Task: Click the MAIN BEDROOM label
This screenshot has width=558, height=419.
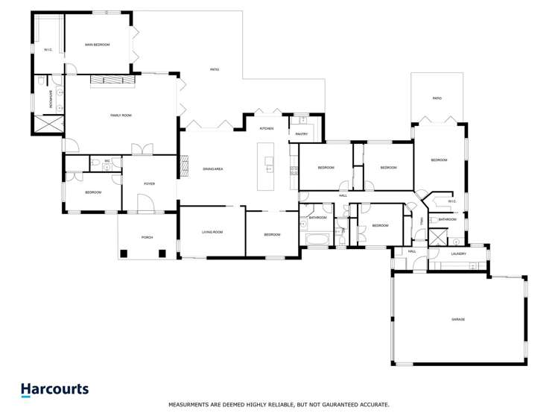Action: pos(97,45)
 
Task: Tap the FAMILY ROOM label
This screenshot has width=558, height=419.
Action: pos(121,116)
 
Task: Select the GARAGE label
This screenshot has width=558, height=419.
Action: pos(457,319)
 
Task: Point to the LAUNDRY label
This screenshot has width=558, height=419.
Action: pos(458,253)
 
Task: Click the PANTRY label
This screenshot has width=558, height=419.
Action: pos(301,134)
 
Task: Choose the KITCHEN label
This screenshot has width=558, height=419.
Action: pos(267,129)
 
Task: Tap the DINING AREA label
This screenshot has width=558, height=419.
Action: pos(213,169)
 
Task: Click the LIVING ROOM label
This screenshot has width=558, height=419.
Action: pos(212,232)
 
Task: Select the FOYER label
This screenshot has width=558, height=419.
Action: pos(149,183)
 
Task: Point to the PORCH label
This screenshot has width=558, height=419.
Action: pos(148,237)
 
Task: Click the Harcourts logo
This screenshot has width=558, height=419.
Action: pos(54,390)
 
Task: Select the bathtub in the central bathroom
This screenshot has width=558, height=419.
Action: pos(317,239)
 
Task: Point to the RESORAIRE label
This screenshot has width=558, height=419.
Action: pos(51,99)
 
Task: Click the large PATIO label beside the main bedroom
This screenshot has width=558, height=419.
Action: pos(214,69)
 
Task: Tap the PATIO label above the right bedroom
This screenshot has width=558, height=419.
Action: pos(437,98)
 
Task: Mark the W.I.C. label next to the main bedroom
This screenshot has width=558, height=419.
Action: pos(48,50)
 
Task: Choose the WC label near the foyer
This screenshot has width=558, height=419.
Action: pos(107,160)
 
